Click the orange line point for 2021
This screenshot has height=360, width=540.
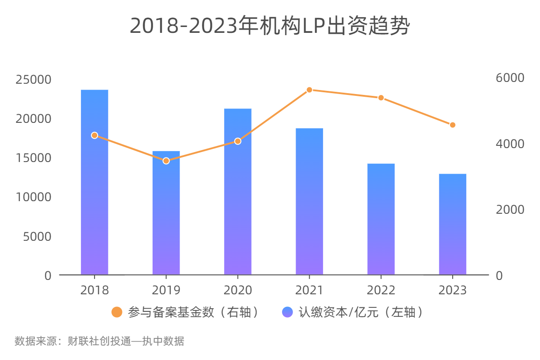tap(309, 90)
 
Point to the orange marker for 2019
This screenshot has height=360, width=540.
tap(166, 161)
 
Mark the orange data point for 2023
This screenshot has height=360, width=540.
tap(453, 125)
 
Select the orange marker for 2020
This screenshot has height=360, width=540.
tap(238, 141)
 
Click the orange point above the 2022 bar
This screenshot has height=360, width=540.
tap(381, 98)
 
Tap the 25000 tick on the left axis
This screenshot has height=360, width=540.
tap(34, 80)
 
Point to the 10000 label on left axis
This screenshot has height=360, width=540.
tap(34, 197)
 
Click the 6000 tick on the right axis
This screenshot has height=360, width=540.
tap(510, 77)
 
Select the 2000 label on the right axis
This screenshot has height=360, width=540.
tap(510, 209)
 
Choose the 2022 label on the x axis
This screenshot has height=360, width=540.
tap(381, 290)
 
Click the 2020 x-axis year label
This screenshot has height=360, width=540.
tap(238, 290)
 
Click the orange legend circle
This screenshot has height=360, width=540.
tap(117, 312)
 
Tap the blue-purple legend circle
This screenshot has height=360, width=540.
tap(287, 312)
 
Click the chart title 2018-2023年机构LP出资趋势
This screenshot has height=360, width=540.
tap(270, 26)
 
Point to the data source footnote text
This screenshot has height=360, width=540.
tap(99, 341)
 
